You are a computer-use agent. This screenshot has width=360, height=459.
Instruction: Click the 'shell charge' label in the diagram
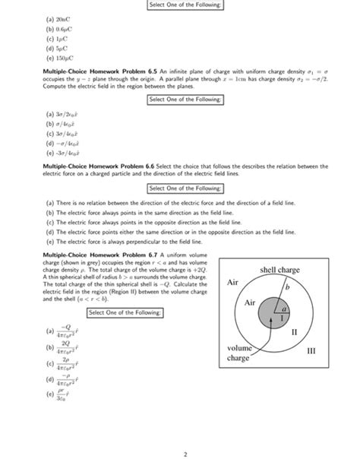tap(280, 270)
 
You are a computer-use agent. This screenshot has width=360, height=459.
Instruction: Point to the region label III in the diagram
tap(309, 352)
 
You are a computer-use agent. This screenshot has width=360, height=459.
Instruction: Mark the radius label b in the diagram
tap(287, 290)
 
